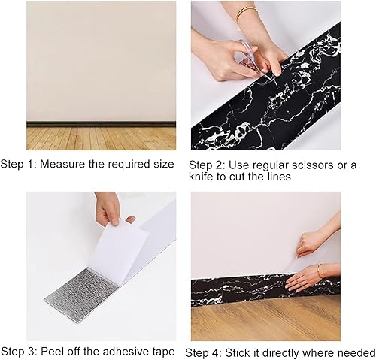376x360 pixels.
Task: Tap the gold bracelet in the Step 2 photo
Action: pos(245,14)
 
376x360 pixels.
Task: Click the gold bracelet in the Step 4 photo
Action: pos(319,270)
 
